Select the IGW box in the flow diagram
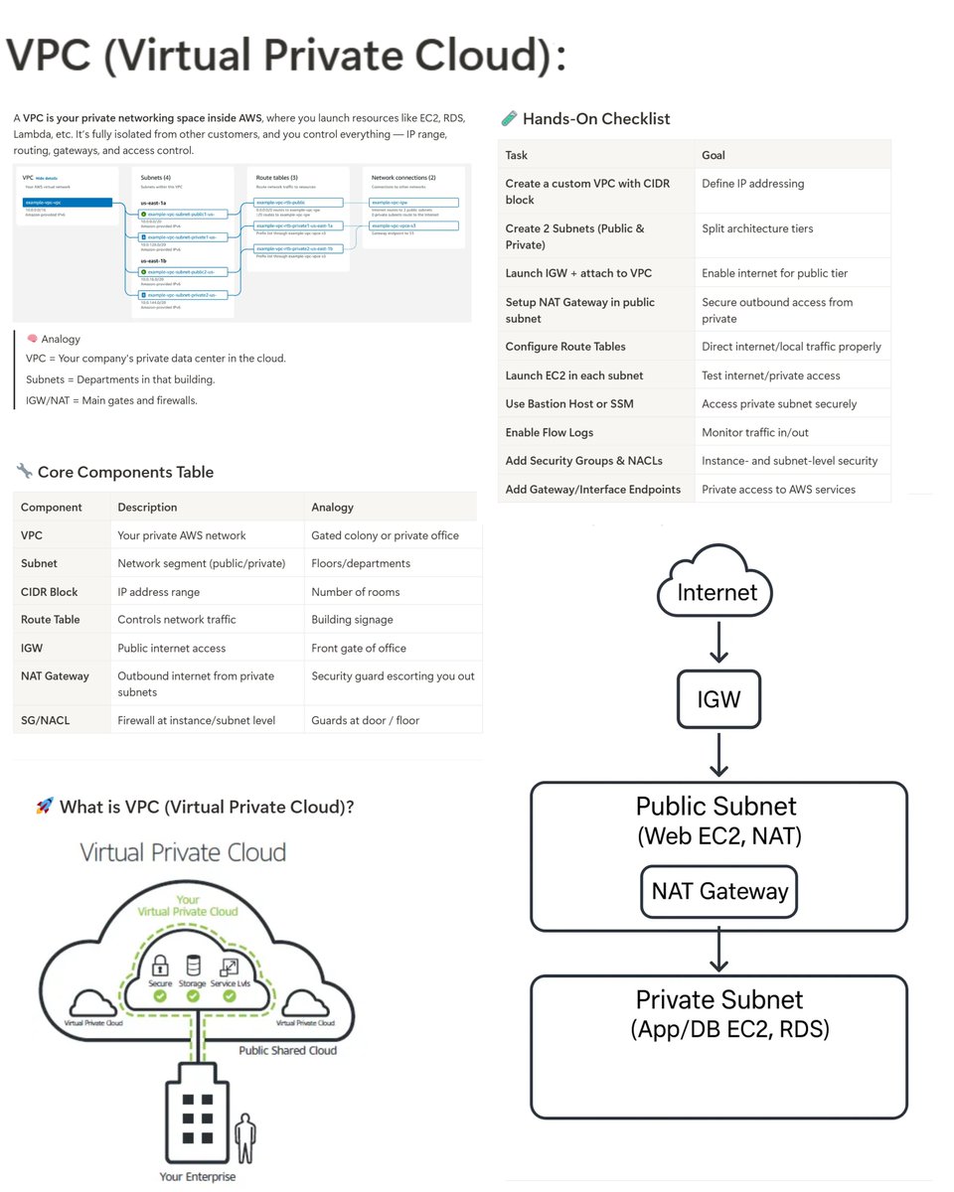pyautogui.click(x=718, y=698)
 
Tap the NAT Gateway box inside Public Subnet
pyautogui.click(x=718, y=891)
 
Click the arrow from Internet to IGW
pyautogui.click(x=719, y=644)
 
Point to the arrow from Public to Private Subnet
pyautogui.click(x=719, y=952)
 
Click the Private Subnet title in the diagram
pyautogui.click(x=719, y=999)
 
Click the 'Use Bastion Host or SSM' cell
pyautogui.click(x=569, y=404)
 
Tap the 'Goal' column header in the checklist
pyautogui.click(x=714, y=155)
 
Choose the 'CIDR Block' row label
pyautogui.click(x=50, y=592)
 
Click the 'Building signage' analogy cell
pyautogui.click(x=352, y=620)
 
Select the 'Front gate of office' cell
pyautogui.click(x=358, y=648)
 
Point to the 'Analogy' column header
pyautogui.click(x=333, y=507)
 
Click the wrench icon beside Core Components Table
pyautogui.click(x=24, y=471)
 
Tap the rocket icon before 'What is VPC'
pyautogui.click(x=44, y=807)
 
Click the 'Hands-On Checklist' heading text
pyautogui.click(x=596, y=119)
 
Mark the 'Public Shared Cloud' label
pyautogui.click(x=287, y=1050)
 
